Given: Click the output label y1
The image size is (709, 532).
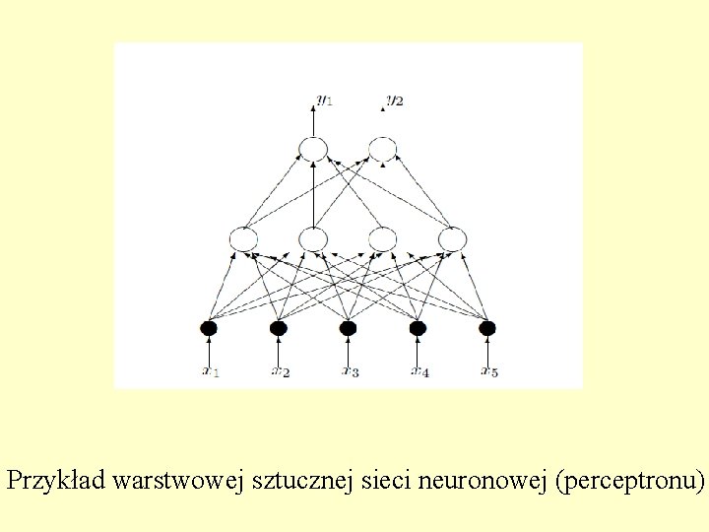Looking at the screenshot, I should [324, 100].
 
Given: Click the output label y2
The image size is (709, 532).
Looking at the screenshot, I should [394, 100].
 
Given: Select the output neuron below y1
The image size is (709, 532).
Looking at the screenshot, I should [312, 149].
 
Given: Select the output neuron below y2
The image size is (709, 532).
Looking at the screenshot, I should [382, 149].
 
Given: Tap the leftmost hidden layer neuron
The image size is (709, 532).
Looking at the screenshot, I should [243, 238].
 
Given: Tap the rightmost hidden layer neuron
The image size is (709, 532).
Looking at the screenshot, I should [452, 238].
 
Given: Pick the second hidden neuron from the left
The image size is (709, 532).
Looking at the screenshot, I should [312, 238].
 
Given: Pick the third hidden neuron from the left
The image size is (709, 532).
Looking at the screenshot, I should [382, 238].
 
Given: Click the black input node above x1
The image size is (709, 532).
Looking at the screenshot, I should [208, 328].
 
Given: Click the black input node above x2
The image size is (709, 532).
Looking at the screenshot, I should [278, 328].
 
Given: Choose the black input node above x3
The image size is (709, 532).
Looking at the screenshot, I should [348, 328].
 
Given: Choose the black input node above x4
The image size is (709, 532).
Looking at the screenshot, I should [418, 328].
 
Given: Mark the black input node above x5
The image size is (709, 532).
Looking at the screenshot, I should [487, 328].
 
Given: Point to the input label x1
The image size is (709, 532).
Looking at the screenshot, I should [211, 371].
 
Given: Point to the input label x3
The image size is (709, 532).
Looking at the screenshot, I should [351, 371].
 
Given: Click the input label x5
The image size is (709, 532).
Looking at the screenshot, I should [489, 371].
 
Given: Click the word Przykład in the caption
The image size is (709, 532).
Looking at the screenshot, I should [56, 482].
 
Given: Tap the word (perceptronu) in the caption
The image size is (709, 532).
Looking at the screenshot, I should [630, 482].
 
